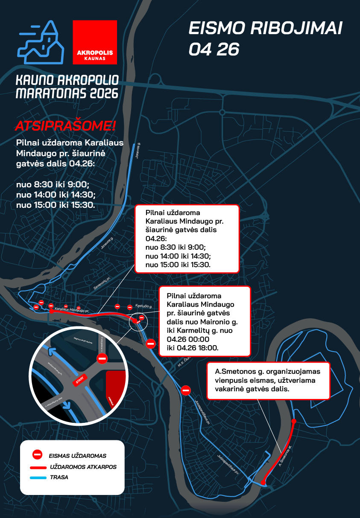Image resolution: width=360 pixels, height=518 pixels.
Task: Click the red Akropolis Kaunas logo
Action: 94,42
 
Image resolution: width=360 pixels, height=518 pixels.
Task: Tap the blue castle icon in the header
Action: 41,42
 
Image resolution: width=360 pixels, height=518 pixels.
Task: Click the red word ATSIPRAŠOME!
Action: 65,126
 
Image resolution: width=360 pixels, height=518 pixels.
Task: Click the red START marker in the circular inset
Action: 79,379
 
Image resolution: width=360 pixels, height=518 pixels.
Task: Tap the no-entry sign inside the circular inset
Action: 102,358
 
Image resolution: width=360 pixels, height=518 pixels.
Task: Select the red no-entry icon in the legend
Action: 37,455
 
